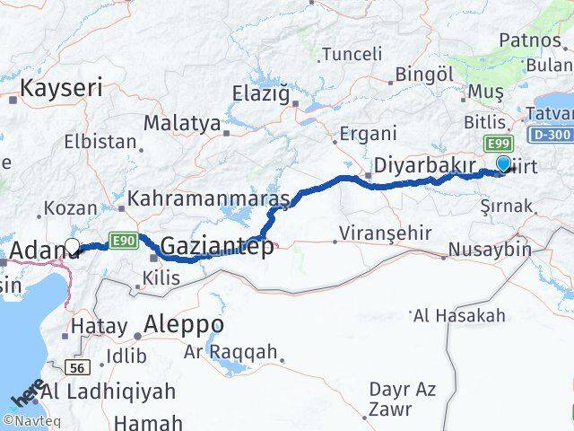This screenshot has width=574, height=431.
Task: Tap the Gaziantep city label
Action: tap(217, 245)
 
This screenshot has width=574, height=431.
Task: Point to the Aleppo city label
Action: tap(184, 323)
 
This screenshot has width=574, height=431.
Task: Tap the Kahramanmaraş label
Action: tap(208, 198)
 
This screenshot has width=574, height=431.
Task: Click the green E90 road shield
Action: tap(122, 239)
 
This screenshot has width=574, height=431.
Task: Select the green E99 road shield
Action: tap(498, 144)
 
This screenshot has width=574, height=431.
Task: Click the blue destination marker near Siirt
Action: tap(504, 163)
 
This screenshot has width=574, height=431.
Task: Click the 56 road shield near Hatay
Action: tap(78, 365)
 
